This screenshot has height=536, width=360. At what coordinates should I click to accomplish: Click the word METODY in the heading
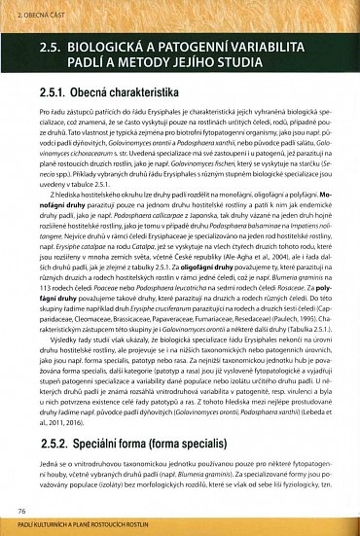[x=139, y=62]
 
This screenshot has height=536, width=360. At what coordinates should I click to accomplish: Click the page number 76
[x=20, y=509]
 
